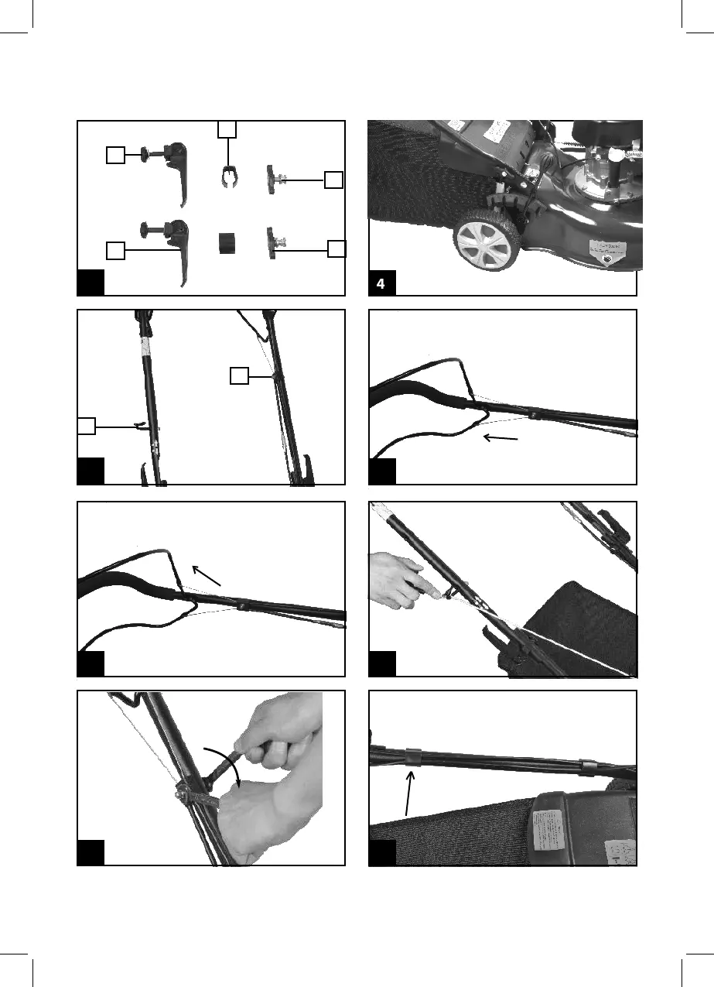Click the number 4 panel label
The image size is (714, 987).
[381, 284]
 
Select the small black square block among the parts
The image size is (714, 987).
[227, 242]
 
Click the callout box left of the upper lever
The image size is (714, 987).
[114, 155]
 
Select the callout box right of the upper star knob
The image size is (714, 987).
[333, 180]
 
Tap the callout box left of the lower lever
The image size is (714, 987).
[114, 250]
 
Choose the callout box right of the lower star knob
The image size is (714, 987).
[337, 248]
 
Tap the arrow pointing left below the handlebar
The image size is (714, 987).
[500, 439]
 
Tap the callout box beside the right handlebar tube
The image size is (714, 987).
[240, 375]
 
